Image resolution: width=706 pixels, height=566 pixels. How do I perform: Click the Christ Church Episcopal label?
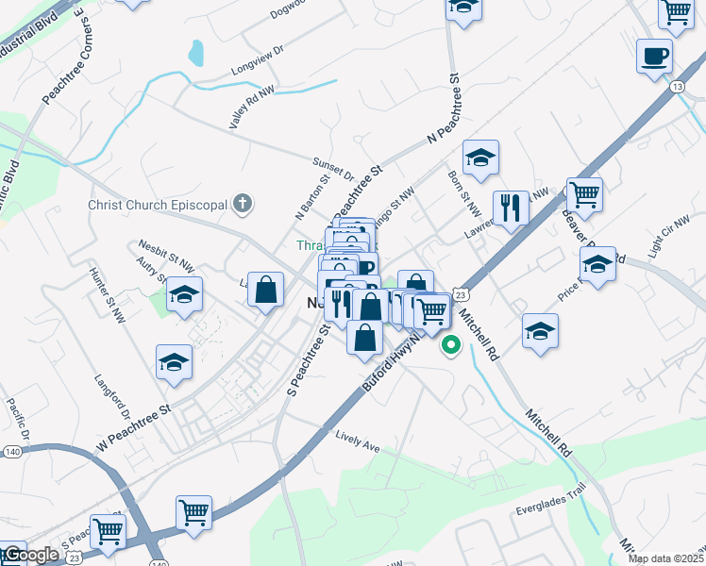[x=158, y=204]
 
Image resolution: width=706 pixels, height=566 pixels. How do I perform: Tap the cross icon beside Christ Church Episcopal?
[x=243, y=202]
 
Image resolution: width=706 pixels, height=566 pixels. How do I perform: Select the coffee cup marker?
[x=654, y=57]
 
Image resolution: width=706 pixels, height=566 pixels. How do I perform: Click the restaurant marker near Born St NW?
[x=511, y=208]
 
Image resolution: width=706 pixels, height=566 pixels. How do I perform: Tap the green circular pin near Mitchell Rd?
[x=450, y=345]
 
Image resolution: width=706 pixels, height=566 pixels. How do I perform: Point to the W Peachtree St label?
[x=132, y=427]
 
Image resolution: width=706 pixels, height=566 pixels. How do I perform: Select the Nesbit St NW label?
[x=166, y=248]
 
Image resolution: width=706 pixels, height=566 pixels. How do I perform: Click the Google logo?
[x=30, y=555]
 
